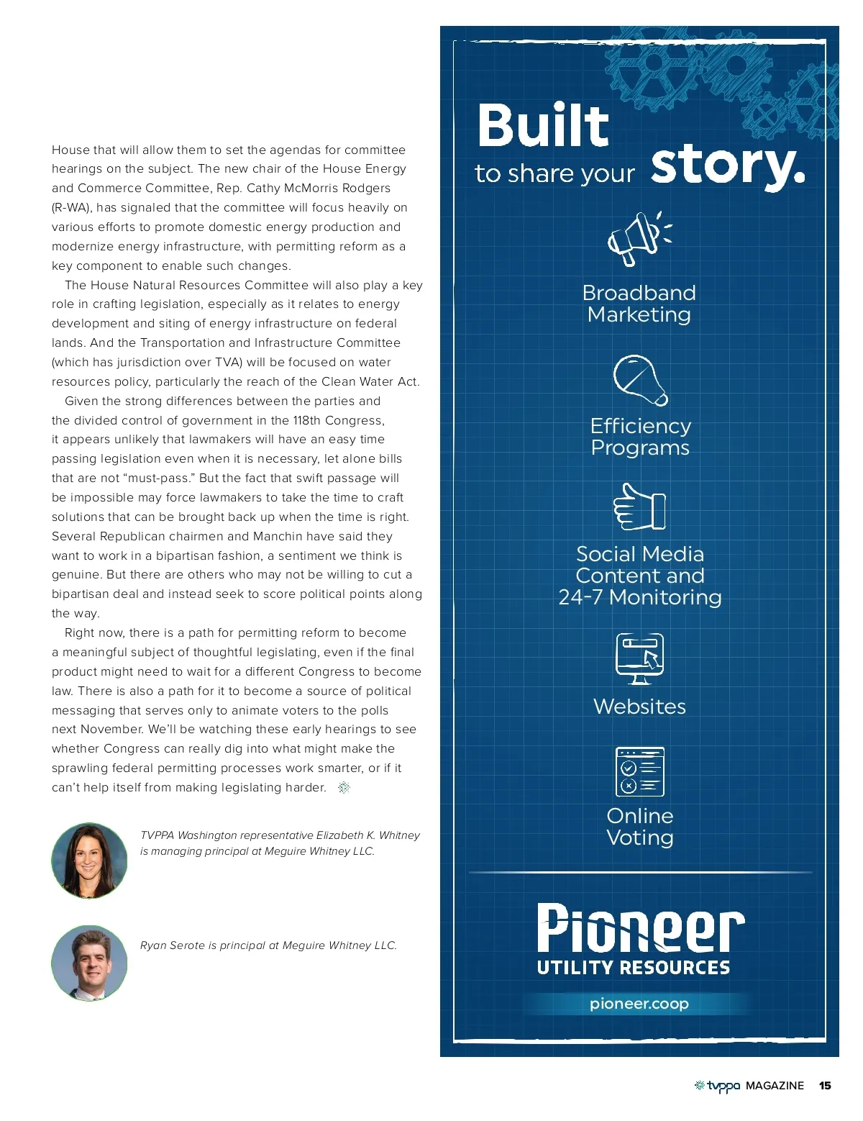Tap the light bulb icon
(x=639, y=380)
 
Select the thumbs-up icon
(x=639, y=507)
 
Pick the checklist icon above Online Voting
(x=639, y=772)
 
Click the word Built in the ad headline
(x=543, y=126)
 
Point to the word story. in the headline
(x=727, y=167)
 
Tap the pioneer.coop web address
(x=639, y=1004)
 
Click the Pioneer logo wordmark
(x=640, y=929)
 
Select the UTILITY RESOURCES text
(x=633, y=968)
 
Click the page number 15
(x=825, y=1086)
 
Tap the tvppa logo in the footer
(x=718, y=1086)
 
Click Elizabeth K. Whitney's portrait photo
(x=89, y=861)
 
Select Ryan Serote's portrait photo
(x=89, y=963)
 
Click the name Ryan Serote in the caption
(x=173, y=945)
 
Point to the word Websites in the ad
(x=639, y=707)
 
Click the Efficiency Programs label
(x=640, y=437)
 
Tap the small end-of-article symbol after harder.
(x=344, y=787)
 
